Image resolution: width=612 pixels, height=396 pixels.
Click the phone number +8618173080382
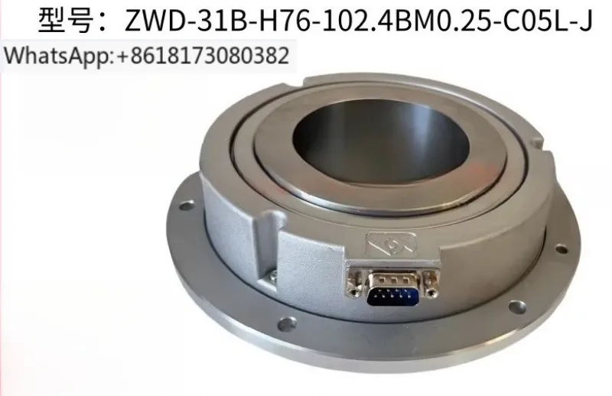click(202, 55)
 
